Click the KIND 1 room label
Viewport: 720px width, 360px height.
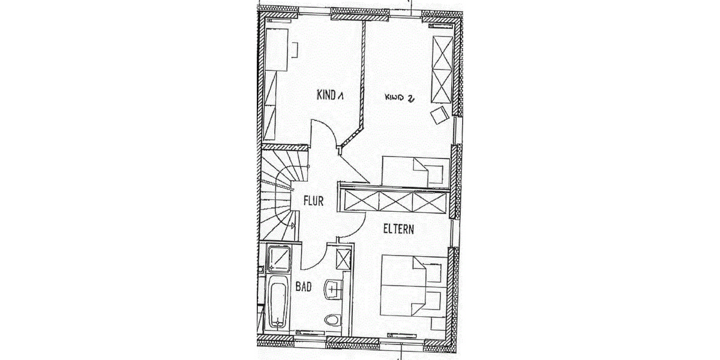[x=330, y=95]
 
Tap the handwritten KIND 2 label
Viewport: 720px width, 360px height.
[x=400, y=98]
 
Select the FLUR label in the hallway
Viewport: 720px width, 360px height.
[x=313, y=201]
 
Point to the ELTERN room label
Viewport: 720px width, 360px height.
[x=398, y=229]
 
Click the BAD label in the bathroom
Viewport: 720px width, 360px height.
[x=304, y=286]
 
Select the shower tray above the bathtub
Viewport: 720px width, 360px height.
[x=279, y=259]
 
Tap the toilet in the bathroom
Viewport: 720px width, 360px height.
[x=332, y=320]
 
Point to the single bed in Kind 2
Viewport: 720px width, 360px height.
[x=415, y=172]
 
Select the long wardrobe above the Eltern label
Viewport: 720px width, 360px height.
[x=395, y=201]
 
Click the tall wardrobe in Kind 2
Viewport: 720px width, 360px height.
[x=442, y=70]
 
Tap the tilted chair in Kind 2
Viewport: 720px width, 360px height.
[x=440, y=115]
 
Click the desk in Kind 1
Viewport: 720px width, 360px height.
[x=277, y=49]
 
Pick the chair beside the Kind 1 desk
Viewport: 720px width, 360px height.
[x=295, y=50]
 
